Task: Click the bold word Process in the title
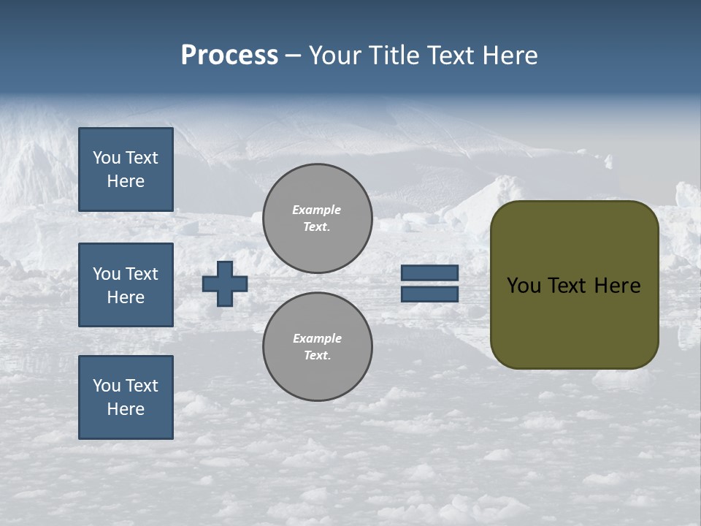click(x=229, y=56)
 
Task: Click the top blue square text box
click(x=126, y=169)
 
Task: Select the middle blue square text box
click(x=126, y=285)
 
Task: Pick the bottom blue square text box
click(x=126, y=397)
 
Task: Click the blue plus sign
click(x=225, y=283)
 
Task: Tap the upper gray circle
click(x=318, y=218)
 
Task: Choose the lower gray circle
click(x=318, y=347)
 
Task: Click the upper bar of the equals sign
click(x=430, y=273)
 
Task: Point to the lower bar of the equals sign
click(x=430, y=294)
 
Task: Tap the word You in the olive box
click(x=524, y=286)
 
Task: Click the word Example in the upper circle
click(x=317, y=210)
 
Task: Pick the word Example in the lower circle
click(x=317, y=338)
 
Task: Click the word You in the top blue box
click(x=107, y=158)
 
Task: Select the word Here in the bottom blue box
click(x=126, y=409)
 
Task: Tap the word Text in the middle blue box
click(x=142, y=274)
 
